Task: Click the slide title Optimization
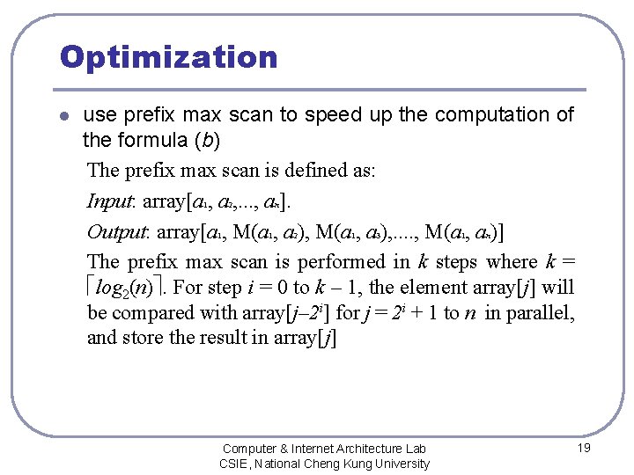coord(168,57)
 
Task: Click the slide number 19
coord(583,448)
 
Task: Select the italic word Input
coord(109,201)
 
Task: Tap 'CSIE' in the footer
coord(234,464)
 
